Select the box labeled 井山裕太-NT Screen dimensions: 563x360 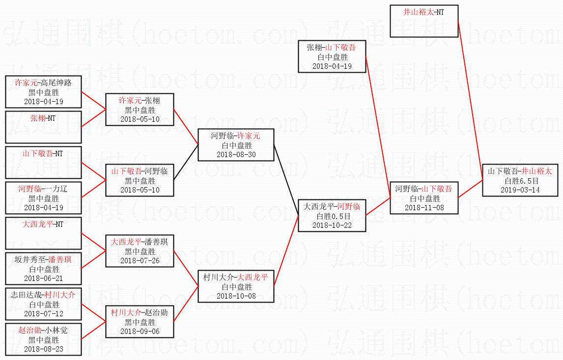[x=424, y=21]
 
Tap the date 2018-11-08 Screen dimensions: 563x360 [x=424, y=207]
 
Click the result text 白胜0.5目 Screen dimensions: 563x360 [x=332, y=216]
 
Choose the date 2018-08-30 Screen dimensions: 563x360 [x=236, y=154]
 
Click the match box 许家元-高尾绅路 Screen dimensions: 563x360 [x=43, y=92]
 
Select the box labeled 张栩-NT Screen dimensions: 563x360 [x=43, y=127]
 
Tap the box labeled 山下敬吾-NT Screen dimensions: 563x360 [x=43, y=163]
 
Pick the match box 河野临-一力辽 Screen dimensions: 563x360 [x=43, y=198]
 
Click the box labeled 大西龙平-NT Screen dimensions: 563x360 [x=43, y=233]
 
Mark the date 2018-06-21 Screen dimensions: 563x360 [x=43, y=278]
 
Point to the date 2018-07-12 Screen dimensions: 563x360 [x=43, y=313]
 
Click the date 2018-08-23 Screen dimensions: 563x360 [x=43, y=349]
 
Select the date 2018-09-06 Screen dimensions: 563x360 [x=140, y=331]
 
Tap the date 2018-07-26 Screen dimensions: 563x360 [x=140, y=260]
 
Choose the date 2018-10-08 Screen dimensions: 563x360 [x=236, y=296]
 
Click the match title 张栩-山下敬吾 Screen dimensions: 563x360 [x=332, y=48]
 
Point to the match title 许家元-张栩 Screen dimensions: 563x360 [x=140, y=101]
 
